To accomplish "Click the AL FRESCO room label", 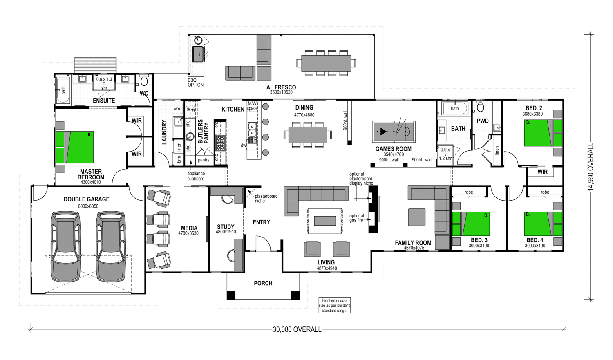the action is tap(281, 87).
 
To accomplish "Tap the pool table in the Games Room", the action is tap(393, 132).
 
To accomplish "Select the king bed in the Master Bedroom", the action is tap(75, 148).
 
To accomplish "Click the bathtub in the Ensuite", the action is tap(63, 90).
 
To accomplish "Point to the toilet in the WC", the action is tap(144, 79).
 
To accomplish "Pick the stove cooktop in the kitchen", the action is tap(220, 143).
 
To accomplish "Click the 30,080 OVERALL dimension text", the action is tap(297, 329).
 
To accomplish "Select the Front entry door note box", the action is tap(334, 306).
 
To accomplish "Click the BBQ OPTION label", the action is tap(195, 83).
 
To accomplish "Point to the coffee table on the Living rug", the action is tap(325, 221).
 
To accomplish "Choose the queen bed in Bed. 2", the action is tap(543, 133).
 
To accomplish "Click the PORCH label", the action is tap(263, 283).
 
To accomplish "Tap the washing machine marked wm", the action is tap(177, 109).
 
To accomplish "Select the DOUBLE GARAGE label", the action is tap(87, 199).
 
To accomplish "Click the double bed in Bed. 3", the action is tap(471, 224).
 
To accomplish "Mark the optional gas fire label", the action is tap(357, 218).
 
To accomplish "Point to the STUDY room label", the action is tap(226, 227).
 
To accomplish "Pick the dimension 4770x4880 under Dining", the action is tap(304, 115).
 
